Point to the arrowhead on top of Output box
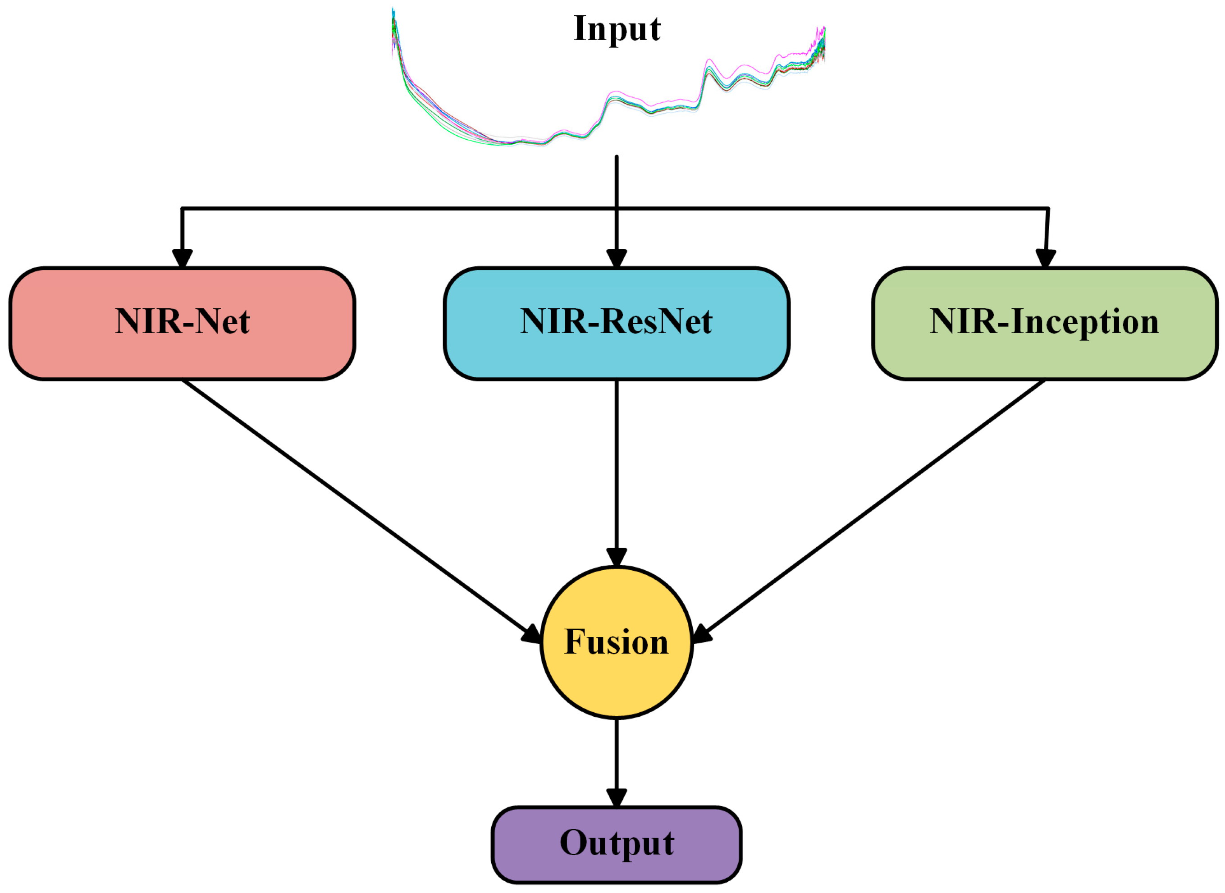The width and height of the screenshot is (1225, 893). pyautogui.click(x=617, y=797)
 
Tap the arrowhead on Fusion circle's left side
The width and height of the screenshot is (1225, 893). pyautogui.click(x=532, y=635)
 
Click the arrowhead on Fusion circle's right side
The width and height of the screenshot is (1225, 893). pyautogui.click(x=701, y=635)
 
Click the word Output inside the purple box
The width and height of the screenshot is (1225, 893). pyautogui.click(x=617, y=843)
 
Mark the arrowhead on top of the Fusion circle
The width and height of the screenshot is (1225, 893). pyautogui.click(x=617, y=556)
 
